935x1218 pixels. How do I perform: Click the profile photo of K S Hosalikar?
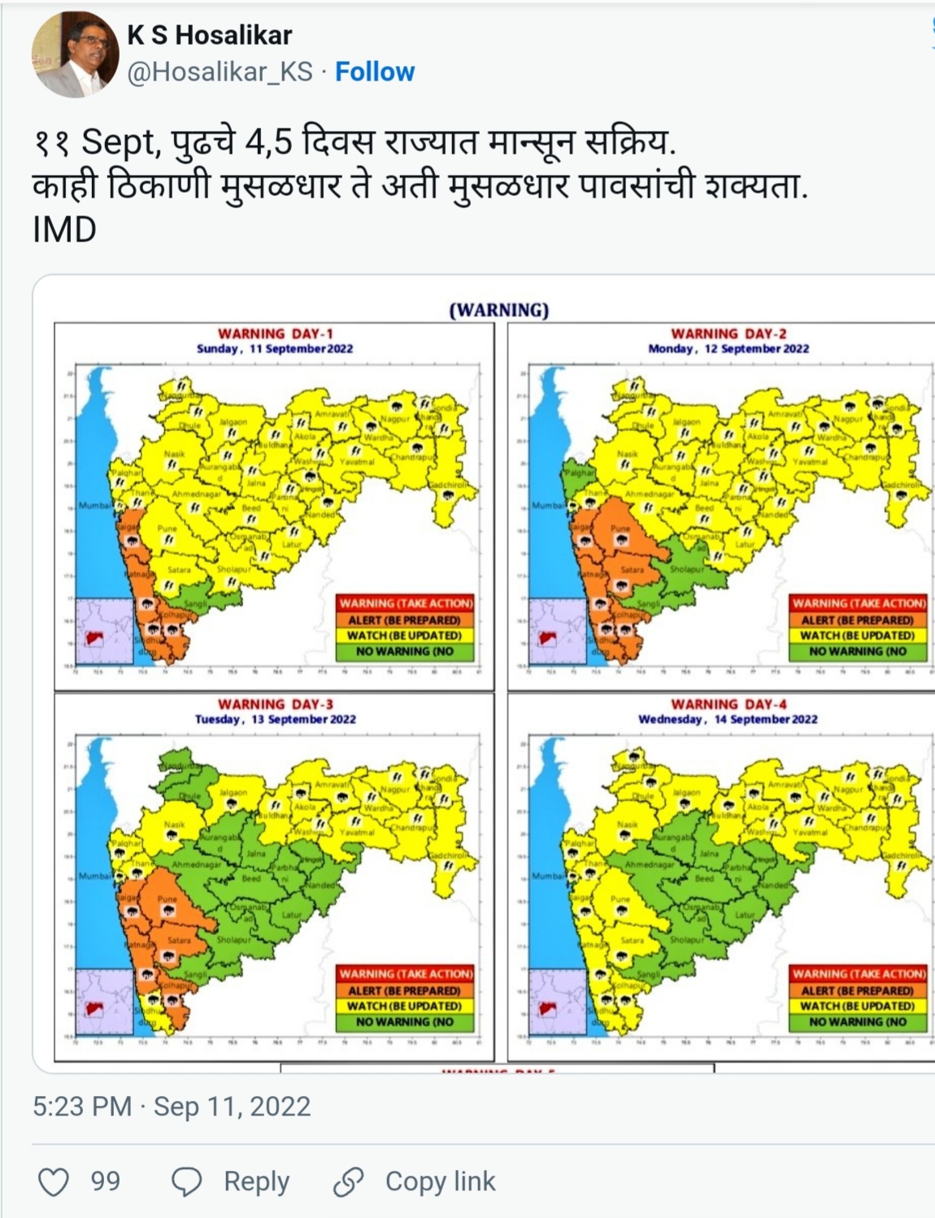pos(75,54)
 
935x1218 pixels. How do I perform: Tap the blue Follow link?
pos(375,72)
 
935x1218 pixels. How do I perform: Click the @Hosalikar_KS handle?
pos(220,72)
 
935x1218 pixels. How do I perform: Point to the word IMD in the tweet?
pos(64,230)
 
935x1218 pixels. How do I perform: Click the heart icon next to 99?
pos(54,1181)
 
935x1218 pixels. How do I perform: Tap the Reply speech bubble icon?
pos(187,1181)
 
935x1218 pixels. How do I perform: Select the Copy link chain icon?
pos(349,1181)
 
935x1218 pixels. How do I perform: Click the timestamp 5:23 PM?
pos(81,1107)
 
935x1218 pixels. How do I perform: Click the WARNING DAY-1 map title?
pos(275,333)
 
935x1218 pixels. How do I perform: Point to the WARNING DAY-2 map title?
pos(728,333)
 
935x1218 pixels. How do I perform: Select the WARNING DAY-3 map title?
pos(275,704)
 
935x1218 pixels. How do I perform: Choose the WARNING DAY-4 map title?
pos(728,704)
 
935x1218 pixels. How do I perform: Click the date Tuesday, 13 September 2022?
pos(275,719)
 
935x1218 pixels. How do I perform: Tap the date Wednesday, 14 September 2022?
pos(728,719)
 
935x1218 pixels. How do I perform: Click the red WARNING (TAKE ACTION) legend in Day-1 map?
pos(405,603)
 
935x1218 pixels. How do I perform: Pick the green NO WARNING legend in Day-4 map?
pos(858,1022)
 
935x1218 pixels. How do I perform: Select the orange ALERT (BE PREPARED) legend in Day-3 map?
pos(405,990)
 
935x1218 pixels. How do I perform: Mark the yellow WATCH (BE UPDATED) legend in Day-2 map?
pos(858,635)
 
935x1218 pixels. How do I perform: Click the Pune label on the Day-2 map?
pos(620,528)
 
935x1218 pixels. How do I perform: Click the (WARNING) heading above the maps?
pos(499,310)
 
